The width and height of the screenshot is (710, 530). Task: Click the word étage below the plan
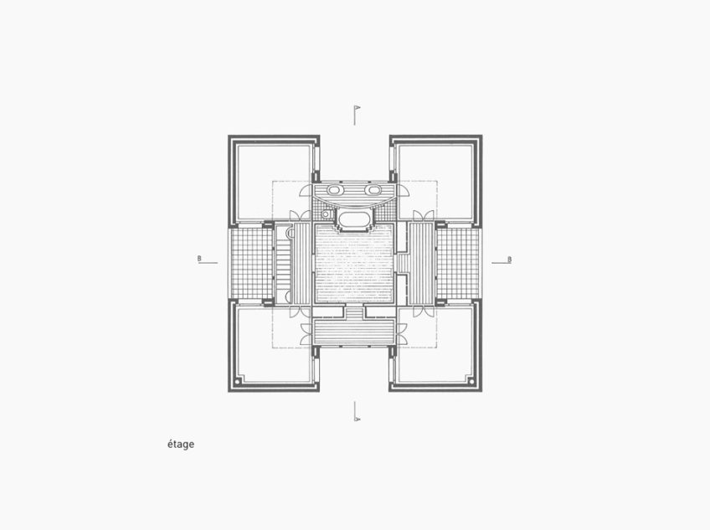coord(180,444)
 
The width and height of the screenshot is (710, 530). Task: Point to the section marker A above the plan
coord(357,108)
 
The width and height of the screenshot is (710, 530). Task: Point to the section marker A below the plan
coord(357,412)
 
